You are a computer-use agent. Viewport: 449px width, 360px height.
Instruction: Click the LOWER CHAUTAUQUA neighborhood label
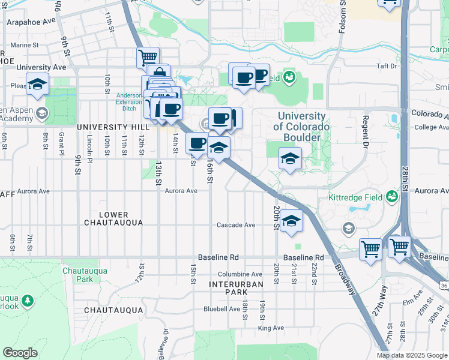113,218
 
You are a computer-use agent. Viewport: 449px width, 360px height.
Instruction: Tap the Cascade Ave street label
237,225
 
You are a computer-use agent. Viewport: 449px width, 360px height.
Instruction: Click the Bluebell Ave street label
221,309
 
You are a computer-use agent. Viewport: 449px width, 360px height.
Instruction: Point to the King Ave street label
271,328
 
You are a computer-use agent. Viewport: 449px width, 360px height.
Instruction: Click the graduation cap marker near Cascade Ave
291,221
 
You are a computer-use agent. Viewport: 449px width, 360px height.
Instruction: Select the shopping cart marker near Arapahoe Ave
148,58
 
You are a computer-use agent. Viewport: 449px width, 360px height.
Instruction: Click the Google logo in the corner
20,353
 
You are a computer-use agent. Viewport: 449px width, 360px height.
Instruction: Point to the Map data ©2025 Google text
412,355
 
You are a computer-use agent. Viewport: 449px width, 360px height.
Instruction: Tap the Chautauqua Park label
85,275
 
